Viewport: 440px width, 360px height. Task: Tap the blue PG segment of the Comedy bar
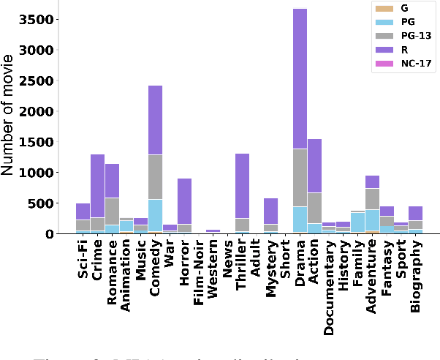pos(155,215)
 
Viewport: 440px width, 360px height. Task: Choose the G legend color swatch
pos(383,8)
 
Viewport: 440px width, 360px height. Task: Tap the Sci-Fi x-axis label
pos(83,260)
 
